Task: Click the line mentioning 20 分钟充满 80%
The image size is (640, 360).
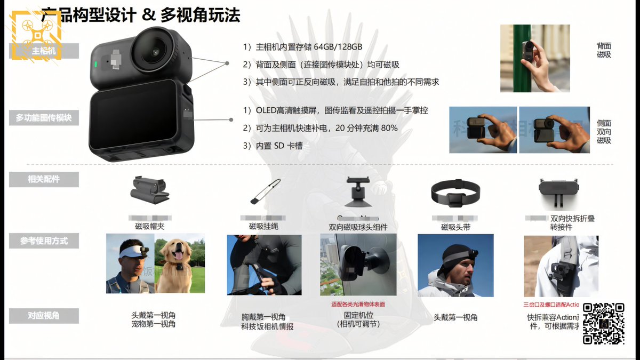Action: (x=320, y=128)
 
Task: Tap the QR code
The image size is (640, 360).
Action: (x=603, y=323)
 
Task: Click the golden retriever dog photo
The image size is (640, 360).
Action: (x=180, y=263)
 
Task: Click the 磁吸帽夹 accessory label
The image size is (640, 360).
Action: (x=150, y=227)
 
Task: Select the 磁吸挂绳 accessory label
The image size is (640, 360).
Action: (x=263, y=227)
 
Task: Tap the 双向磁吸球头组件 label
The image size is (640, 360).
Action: (x=358, y=227)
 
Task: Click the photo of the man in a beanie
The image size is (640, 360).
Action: (x=455, y=265)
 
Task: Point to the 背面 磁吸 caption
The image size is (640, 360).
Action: (x=604, y=51)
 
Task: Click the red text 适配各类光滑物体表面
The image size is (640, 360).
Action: (x=358, y=305)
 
